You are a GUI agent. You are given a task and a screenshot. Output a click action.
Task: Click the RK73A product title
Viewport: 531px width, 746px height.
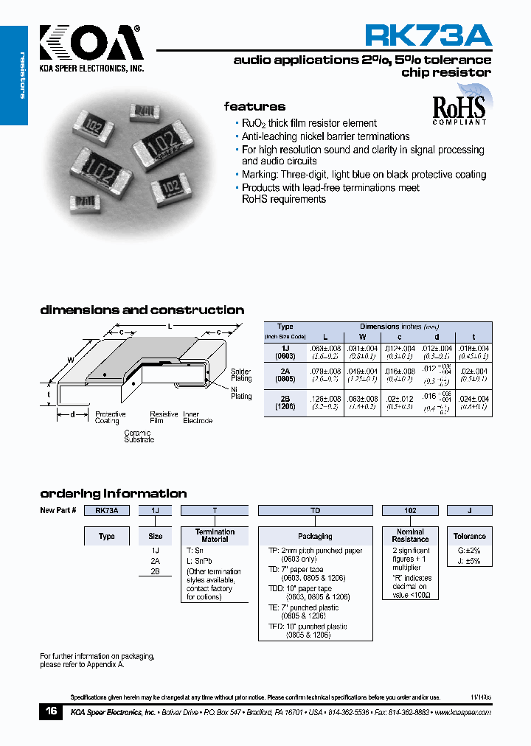[x=428, y=35]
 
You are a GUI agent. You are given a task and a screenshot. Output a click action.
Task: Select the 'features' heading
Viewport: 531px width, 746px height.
[x=254, y=107]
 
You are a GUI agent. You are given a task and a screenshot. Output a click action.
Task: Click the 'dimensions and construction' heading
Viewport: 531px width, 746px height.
[x=142, y=310]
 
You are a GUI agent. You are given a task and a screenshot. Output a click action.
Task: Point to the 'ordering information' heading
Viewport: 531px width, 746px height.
[x=113, y=493]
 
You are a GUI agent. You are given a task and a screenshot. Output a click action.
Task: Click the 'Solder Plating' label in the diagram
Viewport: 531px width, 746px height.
[x=240, y=375]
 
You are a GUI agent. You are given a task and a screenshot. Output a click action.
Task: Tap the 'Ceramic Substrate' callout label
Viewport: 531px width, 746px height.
[x=139, y=436]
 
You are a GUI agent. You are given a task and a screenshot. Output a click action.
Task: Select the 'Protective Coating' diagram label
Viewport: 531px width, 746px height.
[x=110, y=418]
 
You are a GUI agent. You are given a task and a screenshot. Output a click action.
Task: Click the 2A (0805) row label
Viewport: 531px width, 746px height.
[x=285, y=374]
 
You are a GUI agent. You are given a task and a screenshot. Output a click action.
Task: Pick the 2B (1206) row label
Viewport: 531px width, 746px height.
[x=285, y=402]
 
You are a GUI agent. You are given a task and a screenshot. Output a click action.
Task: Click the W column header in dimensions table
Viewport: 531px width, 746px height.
[x=362, y=336]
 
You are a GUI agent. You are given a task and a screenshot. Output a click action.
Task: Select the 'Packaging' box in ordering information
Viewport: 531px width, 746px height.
[x=315, y=536]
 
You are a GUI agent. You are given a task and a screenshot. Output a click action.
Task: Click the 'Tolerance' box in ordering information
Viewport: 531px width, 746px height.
[x=469, y=536]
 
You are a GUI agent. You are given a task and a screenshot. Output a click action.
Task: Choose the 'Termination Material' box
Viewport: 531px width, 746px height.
[x=215, y=535]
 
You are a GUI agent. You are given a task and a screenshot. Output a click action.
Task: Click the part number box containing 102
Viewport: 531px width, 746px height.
[x=410, y=510]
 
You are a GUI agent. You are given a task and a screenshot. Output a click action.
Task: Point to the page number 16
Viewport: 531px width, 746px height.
[x=51, y=711]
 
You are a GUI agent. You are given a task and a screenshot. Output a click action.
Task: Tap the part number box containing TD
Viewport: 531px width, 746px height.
[x=315, y=510]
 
